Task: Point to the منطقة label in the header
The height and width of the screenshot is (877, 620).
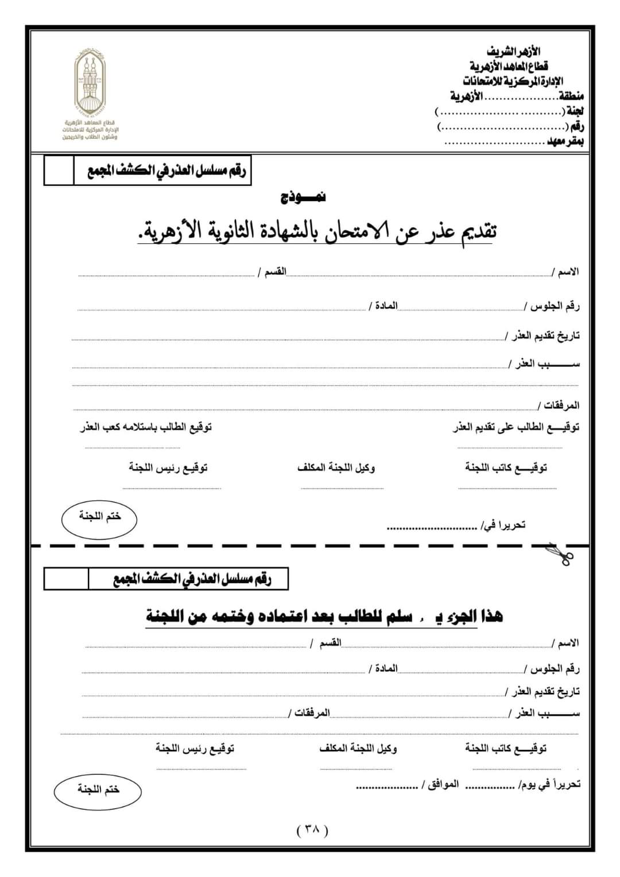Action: pyautogui.click(x=572, y=96)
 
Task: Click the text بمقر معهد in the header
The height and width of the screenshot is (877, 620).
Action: pyautogui.click(x=565, y=142)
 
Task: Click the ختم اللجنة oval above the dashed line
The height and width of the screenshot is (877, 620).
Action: pyautogui.click(x=99, y=517)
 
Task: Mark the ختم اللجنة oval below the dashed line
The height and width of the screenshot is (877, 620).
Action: pyautogui.click(x=98, y=790)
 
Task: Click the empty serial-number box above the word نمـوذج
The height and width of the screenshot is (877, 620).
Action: pyautogui.click(x=59, y=171)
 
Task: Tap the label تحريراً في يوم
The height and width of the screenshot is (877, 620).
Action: pyautogui.click(x=549, y=784)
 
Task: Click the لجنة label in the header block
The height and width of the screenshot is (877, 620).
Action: pyautogui.click(x=575, y=111)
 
